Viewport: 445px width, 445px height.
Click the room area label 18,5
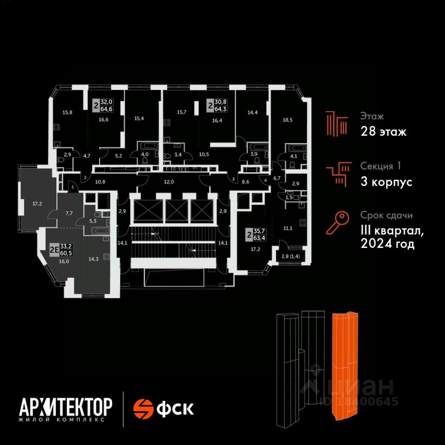(x=287, y=120)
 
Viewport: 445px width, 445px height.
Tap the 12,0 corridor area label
(x=169, y=182)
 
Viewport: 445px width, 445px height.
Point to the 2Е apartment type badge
(x=54, y=250)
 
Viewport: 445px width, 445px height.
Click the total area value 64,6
(x=107, y=108)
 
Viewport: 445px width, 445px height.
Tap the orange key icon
(x=337, y=223)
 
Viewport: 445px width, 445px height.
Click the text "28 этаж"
(x=383, y=132)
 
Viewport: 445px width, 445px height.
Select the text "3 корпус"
(x=386, y=182)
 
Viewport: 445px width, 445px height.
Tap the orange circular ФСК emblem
(x=143, y=409)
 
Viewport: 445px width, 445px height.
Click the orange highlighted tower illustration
(x=345, y=366)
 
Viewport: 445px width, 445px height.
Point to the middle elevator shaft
(x=177, y=210)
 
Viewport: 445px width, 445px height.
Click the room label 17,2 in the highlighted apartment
(x=37, y=203)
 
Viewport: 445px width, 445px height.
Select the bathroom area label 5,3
(x=93, y=221)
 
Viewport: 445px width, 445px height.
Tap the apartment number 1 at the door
(x=73, y=187)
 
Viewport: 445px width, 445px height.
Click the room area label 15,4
(x=139, y=118)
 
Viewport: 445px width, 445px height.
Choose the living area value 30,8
(x=221, y=102)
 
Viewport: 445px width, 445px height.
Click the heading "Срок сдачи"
(x=386, y=216)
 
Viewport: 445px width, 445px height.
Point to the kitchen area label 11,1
(x=288, y=228)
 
